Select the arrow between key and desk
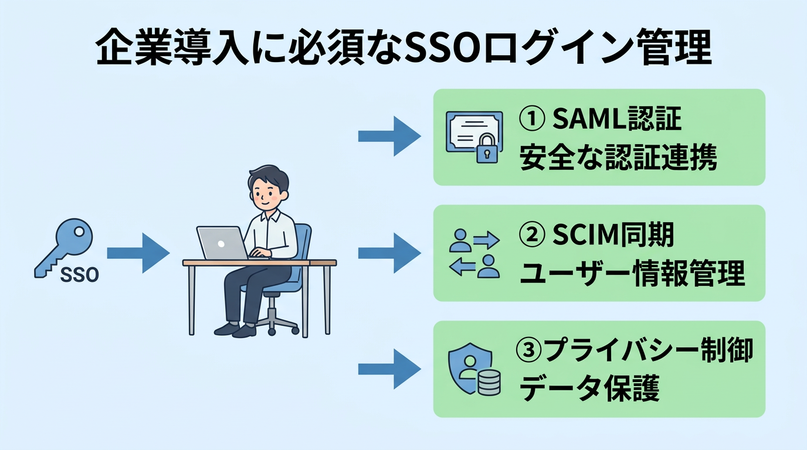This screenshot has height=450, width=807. click(x=138, y=253)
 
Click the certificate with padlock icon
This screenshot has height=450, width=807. click(x=474, y=137)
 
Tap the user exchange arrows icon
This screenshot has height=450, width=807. click(x=474, y=254)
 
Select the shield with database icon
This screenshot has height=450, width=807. click(x=474, y=370)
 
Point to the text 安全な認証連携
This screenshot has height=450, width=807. click(x=618, y=158)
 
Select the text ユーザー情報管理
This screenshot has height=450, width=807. click(x=632, y=274)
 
